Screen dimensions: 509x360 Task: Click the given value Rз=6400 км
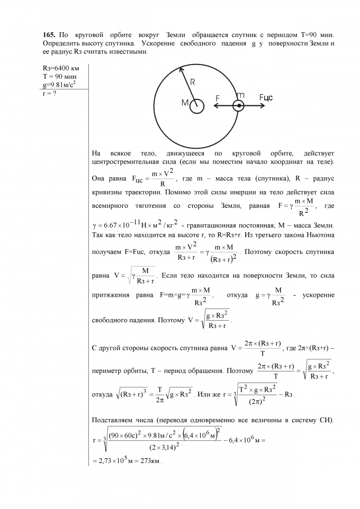tap(60, 68)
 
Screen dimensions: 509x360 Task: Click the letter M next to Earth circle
tap(185, 103)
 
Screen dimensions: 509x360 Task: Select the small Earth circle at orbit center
tap(197, 106)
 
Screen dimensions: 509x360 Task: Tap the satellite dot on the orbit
tap(239, 106)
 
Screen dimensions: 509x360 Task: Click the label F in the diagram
tap(218, 98)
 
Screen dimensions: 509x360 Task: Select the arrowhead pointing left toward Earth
tap(217, 106)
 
